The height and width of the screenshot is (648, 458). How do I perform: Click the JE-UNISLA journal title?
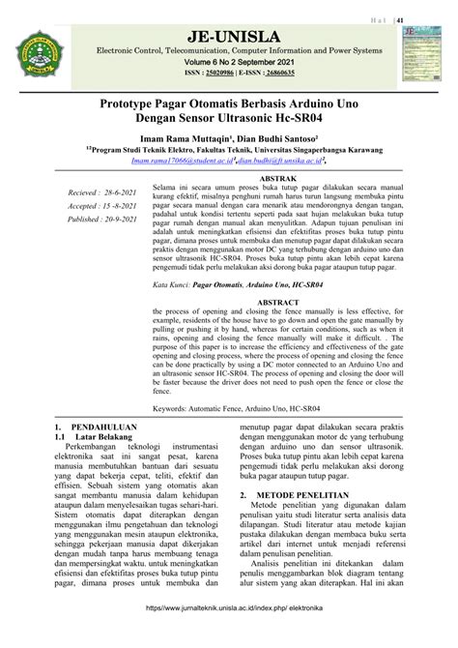tap(227, 36)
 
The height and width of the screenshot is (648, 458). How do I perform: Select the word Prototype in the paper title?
tap(134, 101)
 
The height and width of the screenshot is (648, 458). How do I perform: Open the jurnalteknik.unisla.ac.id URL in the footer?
tap(228, 634)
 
